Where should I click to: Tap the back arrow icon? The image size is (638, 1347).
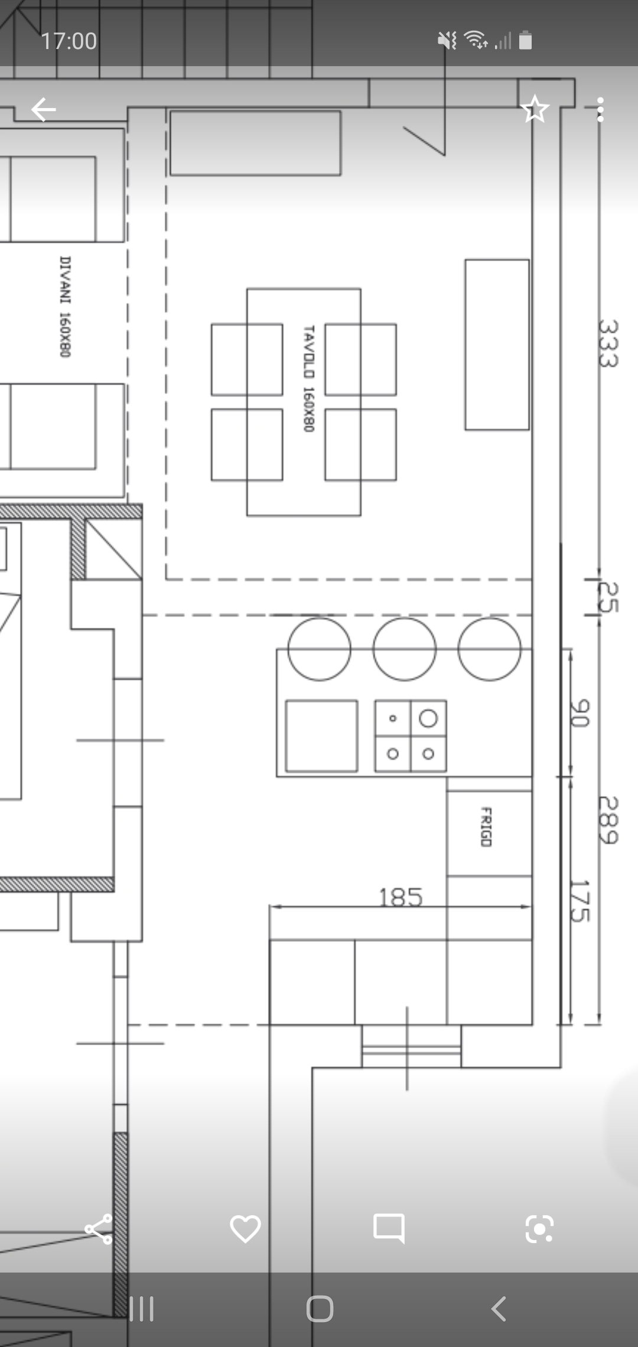pos(44,110)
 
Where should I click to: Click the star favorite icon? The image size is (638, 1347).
pos(535,109)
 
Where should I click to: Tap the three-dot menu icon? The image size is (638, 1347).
pos(600,110)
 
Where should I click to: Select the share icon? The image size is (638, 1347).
pos(99,1229)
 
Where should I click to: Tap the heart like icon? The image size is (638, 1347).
pos(245,1229)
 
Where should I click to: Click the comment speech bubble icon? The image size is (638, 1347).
pos(389,1229)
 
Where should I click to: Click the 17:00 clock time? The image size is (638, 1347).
pos(69,41)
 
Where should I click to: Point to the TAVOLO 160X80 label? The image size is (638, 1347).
pos(308,378)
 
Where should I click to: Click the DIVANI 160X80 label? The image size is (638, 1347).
pos(65,307)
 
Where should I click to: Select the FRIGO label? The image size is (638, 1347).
pos(486,827)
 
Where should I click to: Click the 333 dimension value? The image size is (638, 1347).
pos(608,343)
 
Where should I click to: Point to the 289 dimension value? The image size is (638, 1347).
pos(608,821)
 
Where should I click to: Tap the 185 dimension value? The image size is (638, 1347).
pos(401,897)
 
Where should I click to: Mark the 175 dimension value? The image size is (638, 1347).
pos(580,901)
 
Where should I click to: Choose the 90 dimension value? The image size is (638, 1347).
pos(580,713)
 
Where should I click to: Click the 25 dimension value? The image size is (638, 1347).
pos(608,597)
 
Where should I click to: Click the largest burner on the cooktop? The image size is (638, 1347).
pos(428,718)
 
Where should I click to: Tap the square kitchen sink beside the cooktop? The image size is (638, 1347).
pos(321,736)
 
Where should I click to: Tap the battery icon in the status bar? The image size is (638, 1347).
pos(525,41)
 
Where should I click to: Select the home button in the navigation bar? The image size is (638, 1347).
pos(320,1309)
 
